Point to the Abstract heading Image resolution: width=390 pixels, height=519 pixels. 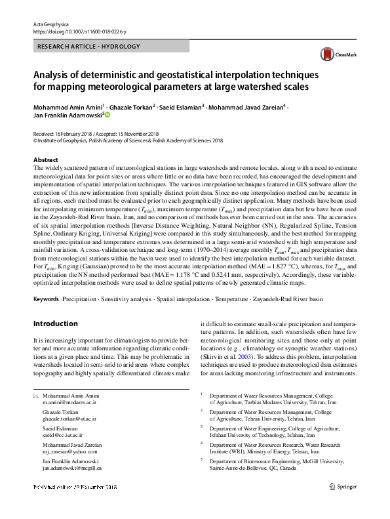45,159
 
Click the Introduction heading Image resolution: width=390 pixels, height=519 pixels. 55,323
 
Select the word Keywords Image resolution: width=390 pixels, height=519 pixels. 46,299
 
